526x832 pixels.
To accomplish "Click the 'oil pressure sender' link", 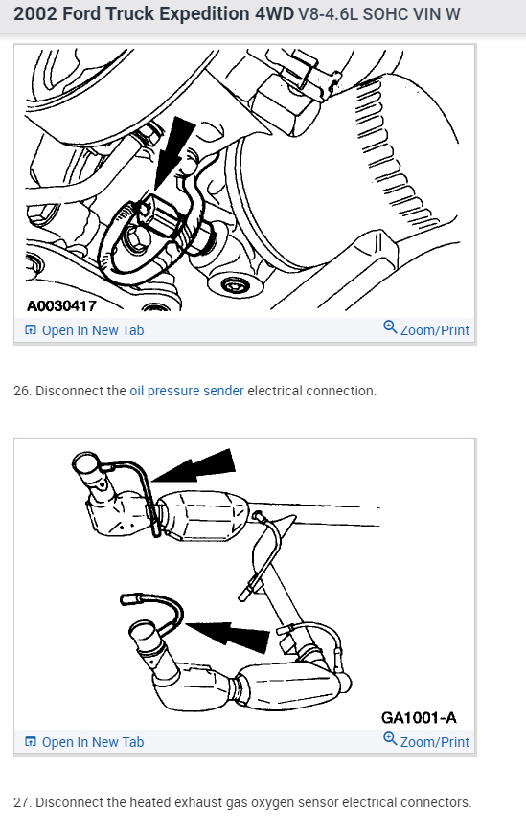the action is coord(187,391).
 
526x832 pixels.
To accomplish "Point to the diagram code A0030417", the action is coord(61,305).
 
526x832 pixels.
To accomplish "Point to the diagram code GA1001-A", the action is coord(419,718).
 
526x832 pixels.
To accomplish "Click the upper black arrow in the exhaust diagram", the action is coord(193,466).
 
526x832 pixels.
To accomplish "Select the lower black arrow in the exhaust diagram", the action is coord(228,636).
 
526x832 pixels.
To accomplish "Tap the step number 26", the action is coord(22,391).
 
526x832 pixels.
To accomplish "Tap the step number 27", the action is coord(22,803).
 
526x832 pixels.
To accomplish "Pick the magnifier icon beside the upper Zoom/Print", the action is coord(390,327).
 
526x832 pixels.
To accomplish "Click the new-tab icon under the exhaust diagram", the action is coord(31,742).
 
